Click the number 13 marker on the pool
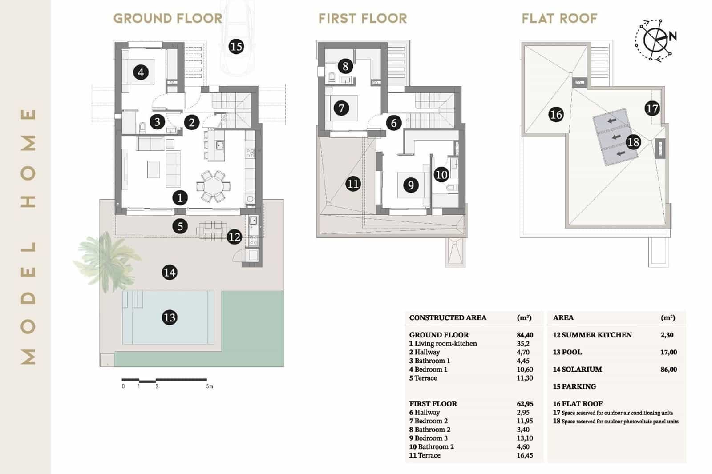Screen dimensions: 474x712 (x=170, y=317)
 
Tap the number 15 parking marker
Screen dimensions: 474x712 (x=236, y=46)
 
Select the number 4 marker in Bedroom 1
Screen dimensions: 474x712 (x=141, y=72)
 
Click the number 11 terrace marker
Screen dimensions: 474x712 (x=353, y=184)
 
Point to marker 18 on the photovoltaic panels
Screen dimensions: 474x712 (x=633, y=142)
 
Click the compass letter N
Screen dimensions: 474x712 (x=672, y=36)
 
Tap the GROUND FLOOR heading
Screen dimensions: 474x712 (x=168, y=19)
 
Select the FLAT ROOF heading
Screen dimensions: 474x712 (x=559, y=19)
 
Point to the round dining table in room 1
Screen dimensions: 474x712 (x=214, y=186)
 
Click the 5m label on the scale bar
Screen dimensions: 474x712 (x=210, y=386)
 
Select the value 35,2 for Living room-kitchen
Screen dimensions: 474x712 (x=523, y=344)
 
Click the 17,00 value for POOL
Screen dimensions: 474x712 (x=668, y=352)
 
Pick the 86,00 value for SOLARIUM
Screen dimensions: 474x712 (x=668, y=370)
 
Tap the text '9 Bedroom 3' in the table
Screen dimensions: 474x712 (x=429, y=438)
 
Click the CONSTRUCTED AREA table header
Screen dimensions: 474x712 (x=448, y=318)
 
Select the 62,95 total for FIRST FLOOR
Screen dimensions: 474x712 (x=525, y=404)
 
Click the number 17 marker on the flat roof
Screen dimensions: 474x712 (x=652, y=108)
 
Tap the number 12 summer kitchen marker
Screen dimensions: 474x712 (x=234, y=237)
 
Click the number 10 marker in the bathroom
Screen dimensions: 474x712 (x=441, y=174)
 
